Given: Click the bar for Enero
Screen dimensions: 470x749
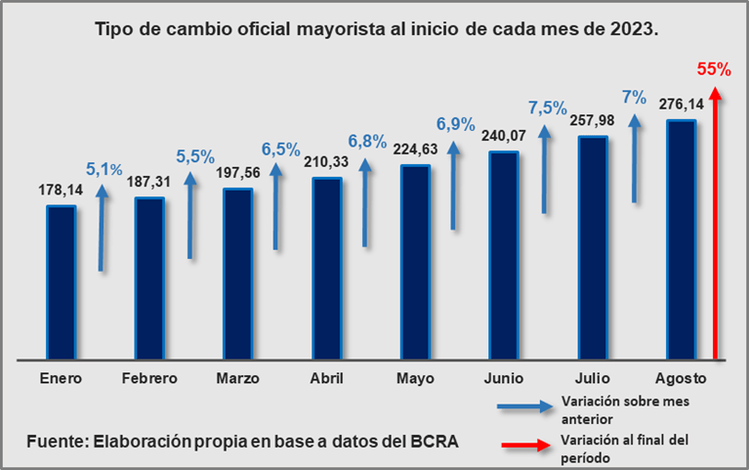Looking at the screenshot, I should [x=61, y=281].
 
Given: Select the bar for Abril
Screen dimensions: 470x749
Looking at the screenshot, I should [x=326, y=268].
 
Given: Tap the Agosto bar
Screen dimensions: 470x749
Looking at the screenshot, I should [x=680, y=239].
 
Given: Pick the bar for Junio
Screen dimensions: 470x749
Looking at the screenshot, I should [x=503, y=255].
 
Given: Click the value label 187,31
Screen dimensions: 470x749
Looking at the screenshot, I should [x=149, y=184].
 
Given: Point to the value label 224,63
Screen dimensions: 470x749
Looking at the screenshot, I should [x=415, y=150].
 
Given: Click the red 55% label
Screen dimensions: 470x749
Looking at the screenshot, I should [x=713, y=69].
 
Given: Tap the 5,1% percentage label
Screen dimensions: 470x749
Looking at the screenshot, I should [x=105, y=169].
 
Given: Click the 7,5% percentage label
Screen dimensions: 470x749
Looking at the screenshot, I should [x=547, y=107].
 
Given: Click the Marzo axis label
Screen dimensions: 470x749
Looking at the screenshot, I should [x=237, y=377].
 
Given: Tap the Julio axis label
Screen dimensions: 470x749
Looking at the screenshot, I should [x=591, y=377].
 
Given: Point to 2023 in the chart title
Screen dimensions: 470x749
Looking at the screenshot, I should [x=632, y=29].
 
